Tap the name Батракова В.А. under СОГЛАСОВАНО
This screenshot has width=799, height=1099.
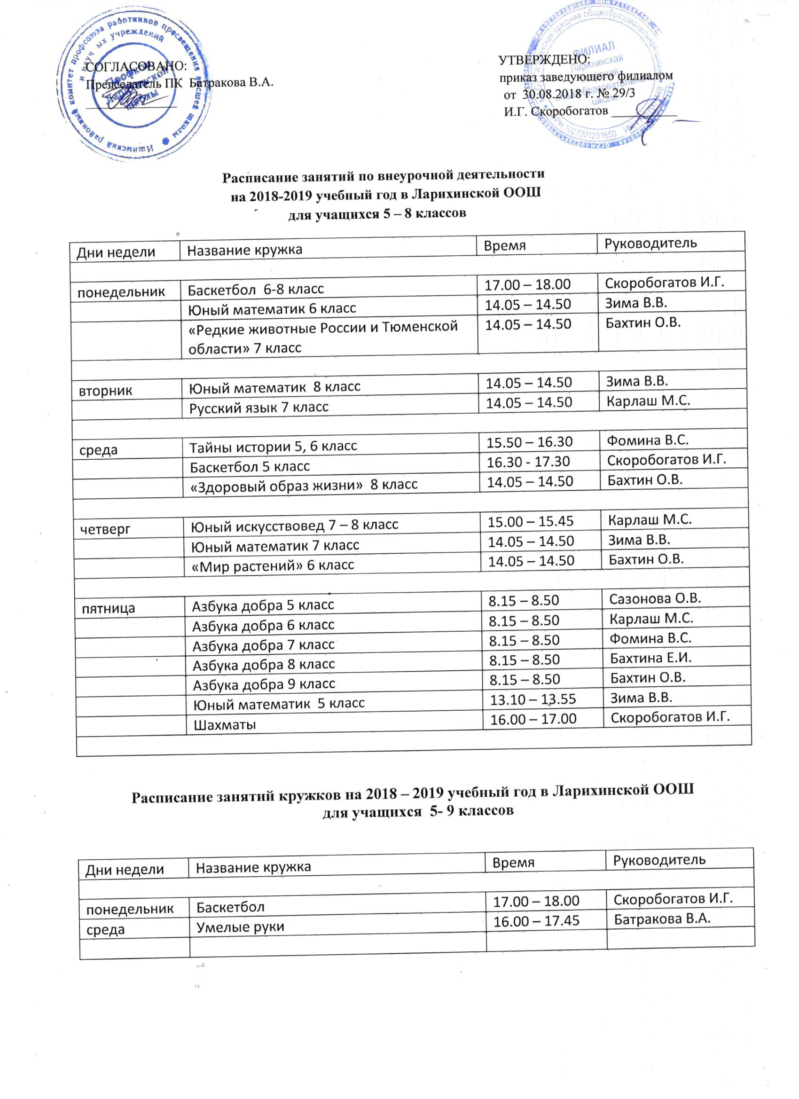[x=231, y=82]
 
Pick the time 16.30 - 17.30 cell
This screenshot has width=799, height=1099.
[x=528, y=462]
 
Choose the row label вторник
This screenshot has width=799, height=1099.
[x=106, y=392]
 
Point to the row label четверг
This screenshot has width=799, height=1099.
[x=106, y=529]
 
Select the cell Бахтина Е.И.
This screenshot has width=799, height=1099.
[x=650, y=658]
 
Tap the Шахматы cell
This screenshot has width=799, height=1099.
[x=225, y=725]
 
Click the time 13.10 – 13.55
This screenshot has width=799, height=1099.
[x=533, y=699]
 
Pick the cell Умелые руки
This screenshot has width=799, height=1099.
[x=240, y=927]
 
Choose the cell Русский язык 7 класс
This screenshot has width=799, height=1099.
[x=259, y=408]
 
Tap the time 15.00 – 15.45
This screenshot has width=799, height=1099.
[x=530, y=522]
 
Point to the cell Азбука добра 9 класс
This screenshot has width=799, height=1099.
[x=264, y=685]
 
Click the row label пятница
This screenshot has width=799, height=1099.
[x=108, y=609]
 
